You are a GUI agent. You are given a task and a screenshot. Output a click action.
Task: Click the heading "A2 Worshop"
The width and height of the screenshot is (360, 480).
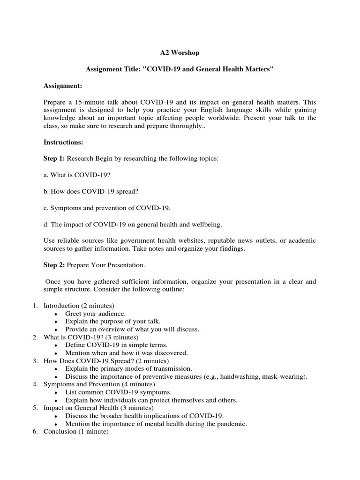tap(180, 53)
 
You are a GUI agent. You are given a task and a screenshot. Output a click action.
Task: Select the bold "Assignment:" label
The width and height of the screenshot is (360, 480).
tap(63, 86)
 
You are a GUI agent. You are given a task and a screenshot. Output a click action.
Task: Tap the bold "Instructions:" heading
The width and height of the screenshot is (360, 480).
tap(63, 142)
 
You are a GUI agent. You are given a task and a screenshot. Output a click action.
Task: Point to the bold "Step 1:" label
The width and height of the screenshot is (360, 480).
tap(54, 158)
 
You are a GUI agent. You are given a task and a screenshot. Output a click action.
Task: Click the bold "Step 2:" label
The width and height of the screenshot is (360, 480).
tap(54, 265)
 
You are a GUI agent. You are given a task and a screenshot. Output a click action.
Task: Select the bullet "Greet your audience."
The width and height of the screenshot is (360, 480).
tap(96, 314)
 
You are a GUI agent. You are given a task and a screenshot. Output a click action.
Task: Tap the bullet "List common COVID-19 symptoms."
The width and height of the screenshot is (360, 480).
tap(118, 392)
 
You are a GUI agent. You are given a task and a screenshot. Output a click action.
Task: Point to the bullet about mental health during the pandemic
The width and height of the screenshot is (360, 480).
tap(156, 424)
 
